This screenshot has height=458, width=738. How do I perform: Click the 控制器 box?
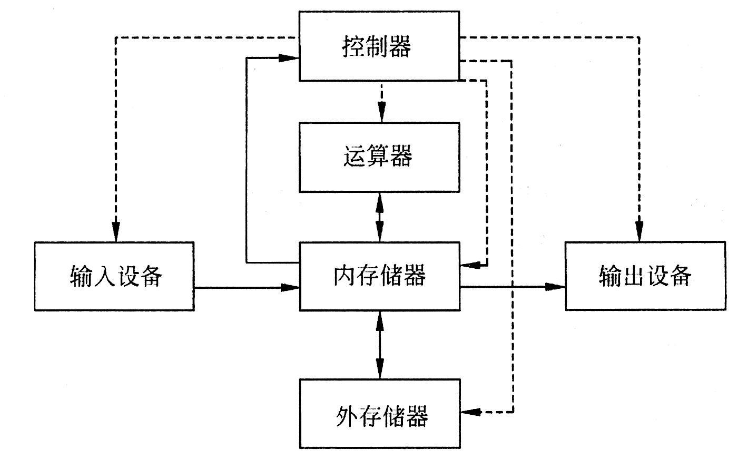tap(379, 46)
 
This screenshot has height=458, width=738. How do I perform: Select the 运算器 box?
tap(379, 157)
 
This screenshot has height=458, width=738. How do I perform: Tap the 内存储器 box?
tap(379, 276)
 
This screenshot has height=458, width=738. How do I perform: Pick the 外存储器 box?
tap(379, 414)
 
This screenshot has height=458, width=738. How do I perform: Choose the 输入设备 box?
tap(114, 276)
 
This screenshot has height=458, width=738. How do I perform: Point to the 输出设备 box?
tap(645, 276)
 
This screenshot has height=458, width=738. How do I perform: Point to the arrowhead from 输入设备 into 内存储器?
tap(290, 287)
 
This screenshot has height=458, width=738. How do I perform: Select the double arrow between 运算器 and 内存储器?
tap(379, 217)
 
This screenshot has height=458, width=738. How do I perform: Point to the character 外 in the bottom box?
tap(346, 415)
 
